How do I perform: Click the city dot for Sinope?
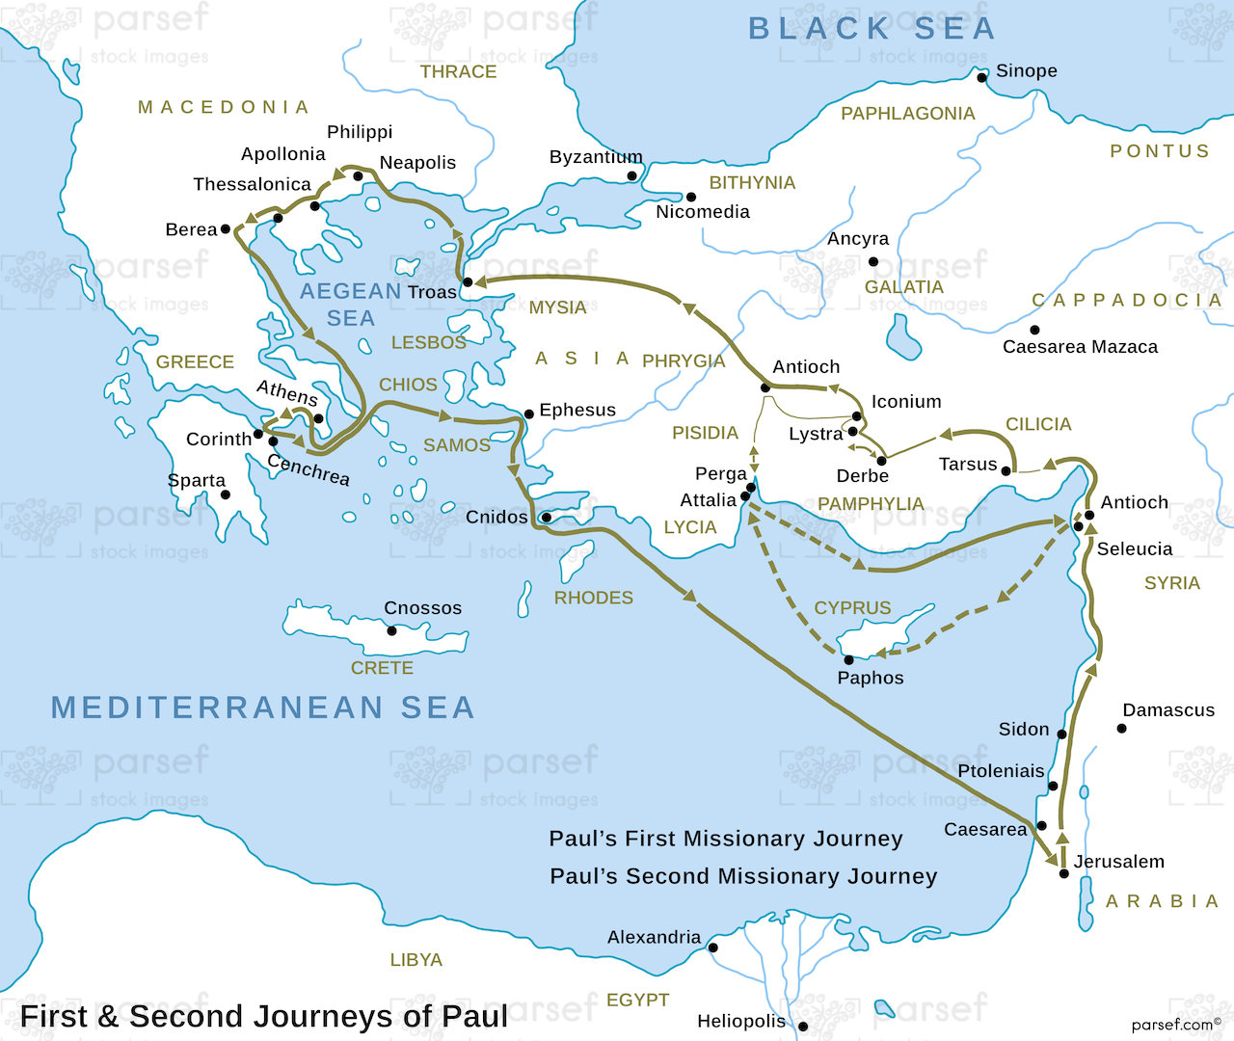982,77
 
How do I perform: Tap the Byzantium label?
595,157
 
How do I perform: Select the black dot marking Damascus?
1121,729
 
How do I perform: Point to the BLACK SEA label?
872,29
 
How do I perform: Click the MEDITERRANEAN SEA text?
262,707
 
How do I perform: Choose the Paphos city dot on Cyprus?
848,660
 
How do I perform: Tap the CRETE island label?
382,668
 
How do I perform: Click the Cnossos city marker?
391,631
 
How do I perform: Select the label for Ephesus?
577,410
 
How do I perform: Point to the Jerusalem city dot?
1064,873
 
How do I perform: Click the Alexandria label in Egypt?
654,937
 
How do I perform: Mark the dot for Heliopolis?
802,1027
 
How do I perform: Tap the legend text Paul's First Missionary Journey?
725,839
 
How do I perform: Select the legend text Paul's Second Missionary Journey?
743,876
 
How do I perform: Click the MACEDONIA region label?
224,107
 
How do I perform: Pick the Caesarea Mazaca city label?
1080,347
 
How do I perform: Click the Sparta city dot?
225,494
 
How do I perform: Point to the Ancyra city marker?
873,261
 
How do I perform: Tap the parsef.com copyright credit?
1175,1025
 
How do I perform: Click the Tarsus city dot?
1006,470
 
